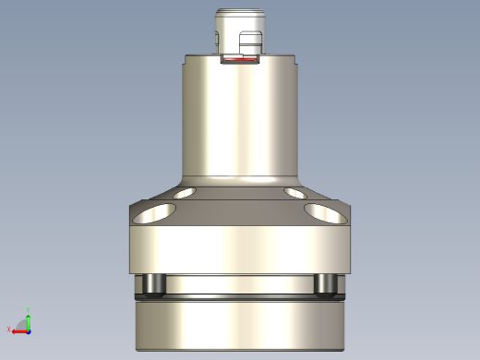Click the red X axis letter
coord(9,330)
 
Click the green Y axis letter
coord(30,311)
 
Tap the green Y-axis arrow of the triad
coord(29,320)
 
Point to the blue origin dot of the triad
coord(29,330)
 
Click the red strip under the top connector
coord(240,64)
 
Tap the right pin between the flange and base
coord(325,284)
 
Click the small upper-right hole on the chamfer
coord(295,194)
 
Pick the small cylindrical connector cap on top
coord(239,23)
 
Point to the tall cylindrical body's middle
coord(240,120)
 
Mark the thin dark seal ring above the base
coord(240,297)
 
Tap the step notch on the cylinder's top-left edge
coord(187,60)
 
